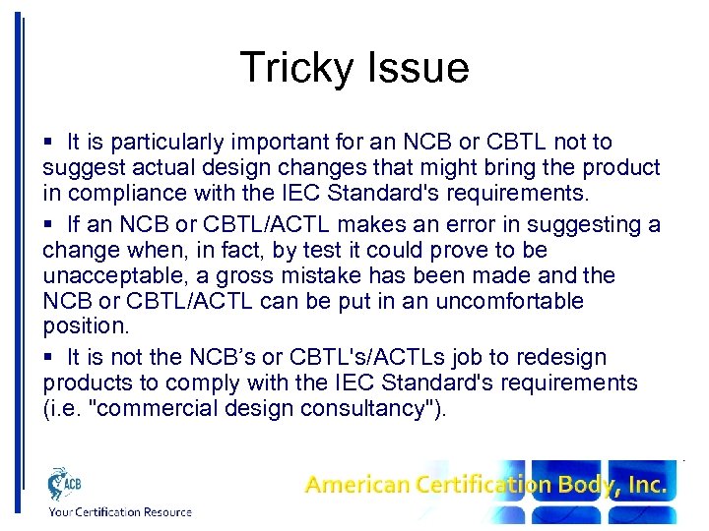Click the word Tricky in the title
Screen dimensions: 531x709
pos(293,68)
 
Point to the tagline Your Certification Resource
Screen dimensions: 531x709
pos(119,511)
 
